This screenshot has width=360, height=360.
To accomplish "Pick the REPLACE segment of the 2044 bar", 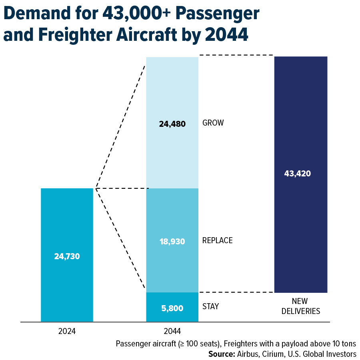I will pos(172,264).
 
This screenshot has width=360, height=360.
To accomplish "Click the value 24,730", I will pos(67,256).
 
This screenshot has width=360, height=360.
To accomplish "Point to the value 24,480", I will pos(172,124).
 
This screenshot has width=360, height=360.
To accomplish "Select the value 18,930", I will pos(172,242).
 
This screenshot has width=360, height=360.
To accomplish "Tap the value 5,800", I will pos(172,308).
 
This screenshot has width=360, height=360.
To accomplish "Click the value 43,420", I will pos(298,174).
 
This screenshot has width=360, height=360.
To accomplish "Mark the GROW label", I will pos(213,123).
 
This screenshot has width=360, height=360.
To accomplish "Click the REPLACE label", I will pos(217,241).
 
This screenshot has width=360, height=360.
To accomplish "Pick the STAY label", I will pos(210,307).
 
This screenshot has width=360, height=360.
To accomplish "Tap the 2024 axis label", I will pos(67,331).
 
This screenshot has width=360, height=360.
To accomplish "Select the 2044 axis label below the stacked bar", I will pos(172,331).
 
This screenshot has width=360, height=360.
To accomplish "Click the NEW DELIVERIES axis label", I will pos(301,306).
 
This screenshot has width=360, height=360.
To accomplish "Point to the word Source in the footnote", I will pos(221,354).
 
